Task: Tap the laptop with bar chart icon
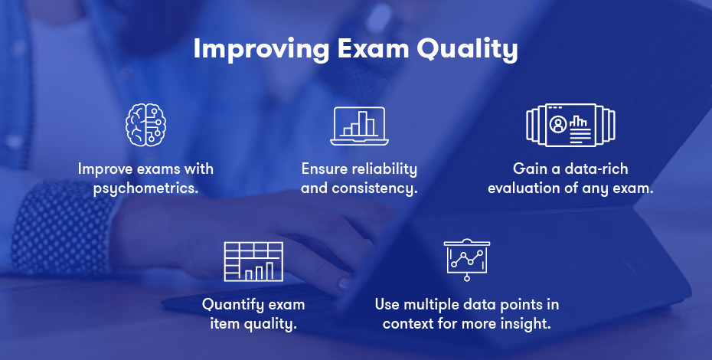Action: click(359, 126)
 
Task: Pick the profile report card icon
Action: click(570, 125)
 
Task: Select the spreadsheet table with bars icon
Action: click(253, 261)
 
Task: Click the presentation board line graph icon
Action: click(466, 259)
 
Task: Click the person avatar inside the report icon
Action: click(557, 123)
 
